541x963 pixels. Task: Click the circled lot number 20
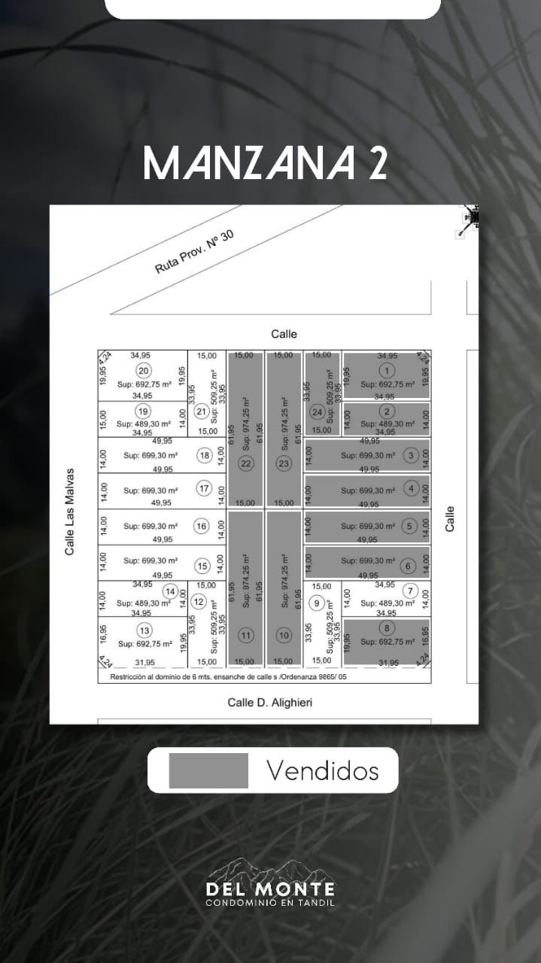142,370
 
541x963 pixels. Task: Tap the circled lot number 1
387,369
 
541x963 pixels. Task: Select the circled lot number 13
144,630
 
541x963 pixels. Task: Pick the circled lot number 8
387,629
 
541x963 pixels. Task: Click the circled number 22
246,463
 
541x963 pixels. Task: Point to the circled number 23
284,463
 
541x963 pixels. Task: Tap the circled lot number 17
204,489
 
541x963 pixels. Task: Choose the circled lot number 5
409,526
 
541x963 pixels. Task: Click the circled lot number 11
246,636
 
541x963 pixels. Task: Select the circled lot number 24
318,412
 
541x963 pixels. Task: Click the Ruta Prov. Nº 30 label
195,252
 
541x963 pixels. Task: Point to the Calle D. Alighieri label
269,703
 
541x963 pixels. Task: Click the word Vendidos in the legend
322,770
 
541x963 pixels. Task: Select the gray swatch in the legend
208,770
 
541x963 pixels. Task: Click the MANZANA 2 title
265,163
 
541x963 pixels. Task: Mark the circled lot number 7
409,591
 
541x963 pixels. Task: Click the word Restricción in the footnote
131,676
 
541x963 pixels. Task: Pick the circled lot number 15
202,566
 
